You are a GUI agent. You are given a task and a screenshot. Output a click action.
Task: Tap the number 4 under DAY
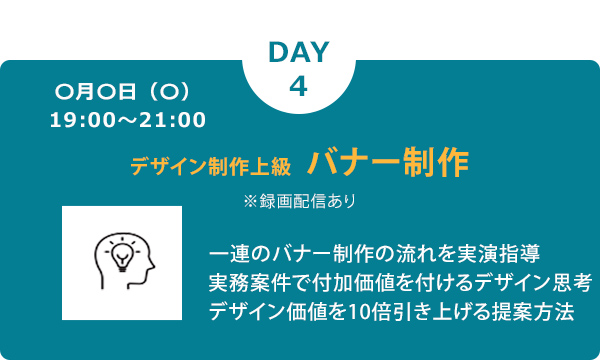[x=297, y=86]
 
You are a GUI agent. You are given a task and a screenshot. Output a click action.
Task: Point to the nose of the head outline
[x=154, y=265]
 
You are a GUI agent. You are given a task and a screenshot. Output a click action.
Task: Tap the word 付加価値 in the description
[x=357, y=280]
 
